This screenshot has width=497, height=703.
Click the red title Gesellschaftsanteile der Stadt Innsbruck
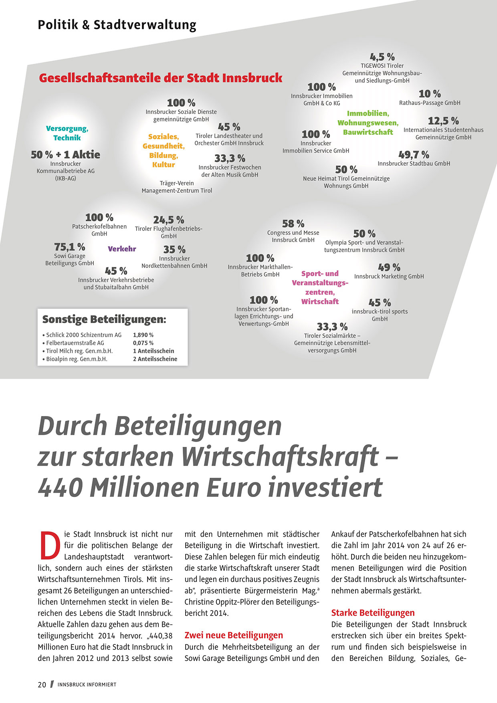(161, 78)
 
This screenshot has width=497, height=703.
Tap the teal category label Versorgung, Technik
(67, 133)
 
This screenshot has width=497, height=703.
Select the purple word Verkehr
(122, 249)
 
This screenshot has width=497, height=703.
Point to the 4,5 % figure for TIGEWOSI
(382, 57)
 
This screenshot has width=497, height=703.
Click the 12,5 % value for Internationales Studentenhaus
(443, 121)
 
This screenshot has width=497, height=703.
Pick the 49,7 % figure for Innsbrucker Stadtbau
(414, 154)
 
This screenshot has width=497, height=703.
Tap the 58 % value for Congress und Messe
(293, 224)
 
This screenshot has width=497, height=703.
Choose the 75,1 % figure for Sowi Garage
(70, 247)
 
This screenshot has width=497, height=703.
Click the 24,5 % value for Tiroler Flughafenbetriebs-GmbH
(168, 220)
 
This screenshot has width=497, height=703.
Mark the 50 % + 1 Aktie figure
(65, 155)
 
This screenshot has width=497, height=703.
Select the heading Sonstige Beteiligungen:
(104, 319)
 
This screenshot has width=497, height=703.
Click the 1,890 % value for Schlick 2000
(143, 335)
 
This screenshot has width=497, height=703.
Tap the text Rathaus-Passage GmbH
(430, 103)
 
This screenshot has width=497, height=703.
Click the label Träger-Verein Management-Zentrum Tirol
(177, 187)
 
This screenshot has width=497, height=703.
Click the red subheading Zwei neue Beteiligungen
(234, 635)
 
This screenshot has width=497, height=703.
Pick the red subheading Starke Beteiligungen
(373, 613)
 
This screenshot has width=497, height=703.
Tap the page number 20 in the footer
(42, 685)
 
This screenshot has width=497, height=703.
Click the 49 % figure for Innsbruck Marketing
(389, 267)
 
